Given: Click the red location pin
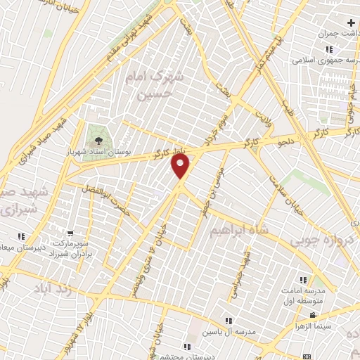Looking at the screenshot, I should point(181,166).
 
